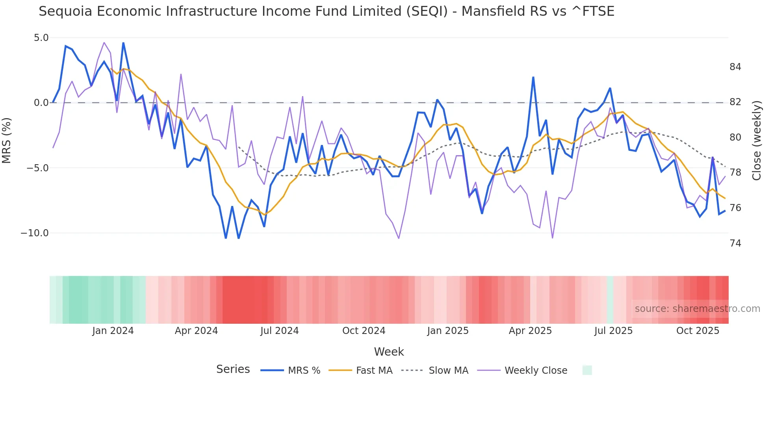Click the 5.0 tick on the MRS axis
[x=41, y=38]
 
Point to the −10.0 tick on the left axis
[x=35, y=233]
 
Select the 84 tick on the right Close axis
[x=735, y=67]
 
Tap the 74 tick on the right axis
[x=735, y=243]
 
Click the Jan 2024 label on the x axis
[x=113, y=331]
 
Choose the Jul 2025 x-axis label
[x=613, y=331]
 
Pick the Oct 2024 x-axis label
[x=364, y=331]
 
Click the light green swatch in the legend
[x=587, y=370]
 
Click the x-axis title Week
[x=389, y=352]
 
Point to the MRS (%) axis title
[x=7, y=140]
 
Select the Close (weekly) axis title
[x=756, y=140]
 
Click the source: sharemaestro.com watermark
[x=697, y=309]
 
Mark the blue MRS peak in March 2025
[x=533, y=78]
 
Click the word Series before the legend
[x=233, y=369]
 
